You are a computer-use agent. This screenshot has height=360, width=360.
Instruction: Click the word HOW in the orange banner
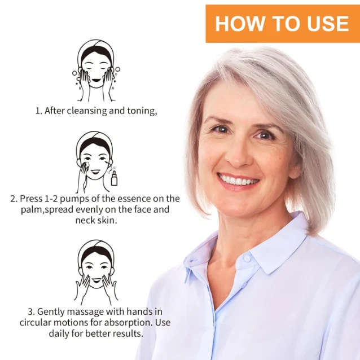pyautogui.click(x=239, y=24)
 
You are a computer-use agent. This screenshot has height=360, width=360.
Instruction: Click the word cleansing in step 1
pyautogui.click(x=87, y=111)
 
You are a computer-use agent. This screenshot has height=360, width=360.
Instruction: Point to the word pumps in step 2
pyautogui.click(x=74, y=199)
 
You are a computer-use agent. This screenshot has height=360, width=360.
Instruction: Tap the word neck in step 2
pyautogui.click(x=85, y=220)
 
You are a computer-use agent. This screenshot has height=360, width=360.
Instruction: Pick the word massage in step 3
pyautogui.click(x=85, y=312)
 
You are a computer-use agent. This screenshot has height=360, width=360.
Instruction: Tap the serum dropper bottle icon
pyautogui.click(x=114, y=178)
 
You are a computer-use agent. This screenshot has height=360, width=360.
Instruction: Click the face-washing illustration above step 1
pyautogui.click(x=96, y=71)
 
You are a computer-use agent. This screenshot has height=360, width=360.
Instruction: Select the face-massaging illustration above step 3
pyautogui.click(x=96, y=273)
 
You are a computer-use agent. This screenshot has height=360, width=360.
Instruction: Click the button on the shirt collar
pyautogui.click(x=247, y=258)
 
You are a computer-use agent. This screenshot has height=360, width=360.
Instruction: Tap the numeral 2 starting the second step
pyautogui.click(x=13, y=199)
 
